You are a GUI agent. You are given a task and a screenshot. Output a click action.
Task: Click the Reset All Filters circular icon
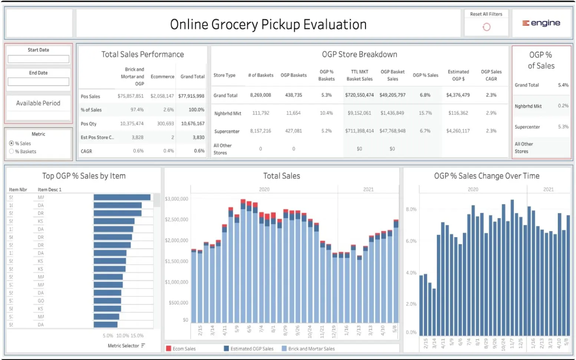(486, 27)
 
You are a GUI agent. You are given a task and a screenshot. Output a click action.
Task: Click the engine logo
(541, 23)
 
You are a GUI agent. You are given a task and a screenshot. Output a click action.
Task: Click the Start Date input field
(39, 59)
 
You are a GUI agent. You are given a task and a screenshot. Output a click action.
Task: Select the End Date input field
(39, 82)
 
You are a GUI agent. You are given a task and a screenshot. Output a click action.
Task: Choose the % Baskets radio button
(11, 151)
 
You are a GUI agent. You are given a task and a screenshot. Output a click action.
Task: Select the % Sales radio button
(11, 143)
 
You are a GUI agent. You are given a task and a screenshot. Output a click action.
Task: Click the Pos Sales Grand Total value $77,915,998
(191, 96)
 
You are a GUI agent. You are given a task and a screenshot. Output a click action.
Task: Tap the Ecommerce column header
(162, 76)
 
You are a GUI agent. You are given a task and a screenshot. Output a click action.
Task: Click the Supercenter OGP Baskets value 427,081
(293, 131)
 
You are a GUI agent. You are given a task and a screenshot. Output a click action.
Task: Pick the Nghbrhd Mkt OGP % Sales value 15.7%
(425, 113)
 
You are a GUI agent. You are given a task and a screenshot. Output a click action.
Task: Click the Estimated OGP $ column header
(458, 75)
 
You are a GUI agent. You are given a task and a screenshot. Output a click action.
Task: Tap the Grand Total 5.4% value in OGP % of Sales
(563, 85)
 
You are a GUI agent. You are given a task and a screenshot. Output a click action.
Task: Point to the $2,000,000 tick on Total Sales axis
(177, 240)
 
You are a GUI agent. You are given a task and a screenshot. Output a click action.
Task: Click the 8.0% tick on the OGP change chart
(411, 209)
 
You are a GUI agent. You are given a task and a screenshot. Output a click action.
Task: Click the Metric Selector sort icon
(143, 346)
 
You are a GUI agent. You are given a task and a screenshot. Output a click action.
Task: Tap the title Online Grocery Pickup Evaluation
(268, 24)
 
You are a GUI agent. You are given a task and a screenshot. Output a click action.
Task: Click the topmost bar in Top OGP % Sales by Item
(122, 197)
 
